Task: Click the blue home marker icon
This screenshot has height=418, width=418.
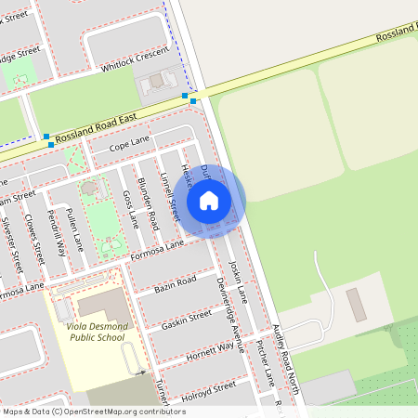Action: [x=209, y=200]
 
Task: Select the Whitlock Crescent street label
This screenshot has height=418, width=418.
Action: [x=137, y=58]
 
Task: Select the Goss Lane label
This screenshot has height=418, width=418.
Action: [x=130, y=209]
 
